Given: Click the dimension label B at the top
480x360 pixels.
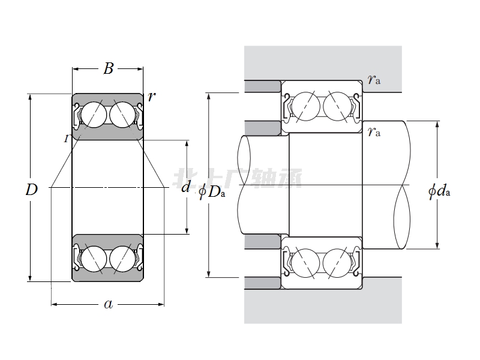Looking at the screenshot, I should [108, 69].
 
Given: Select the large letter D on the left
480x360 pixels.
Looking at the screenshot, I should [32, 191].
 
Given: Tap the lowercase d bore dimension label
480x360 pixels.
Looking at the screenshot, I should [186, 187].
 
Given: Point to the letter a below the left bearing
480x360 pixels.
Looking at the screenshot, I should [108, 304].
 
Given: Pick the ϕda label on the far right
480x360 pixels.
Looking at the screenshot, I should [439, 191].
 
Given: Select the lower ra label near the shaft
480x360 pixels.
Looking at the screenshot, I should [374, 132].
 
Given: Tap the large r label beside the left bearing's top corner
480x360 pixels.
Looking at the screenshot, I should [152, 96].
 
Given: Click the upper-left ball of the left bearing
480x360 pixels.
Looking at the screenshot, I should [92, 114].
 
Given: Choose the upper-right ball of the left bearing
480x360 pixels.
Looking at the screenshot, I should [122, 114].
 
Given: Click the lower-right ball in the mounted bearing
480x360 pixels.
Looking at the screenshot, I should [335, 263].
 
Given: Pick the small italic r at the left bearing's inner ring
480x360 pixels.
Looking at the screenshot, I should [67, 139].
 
